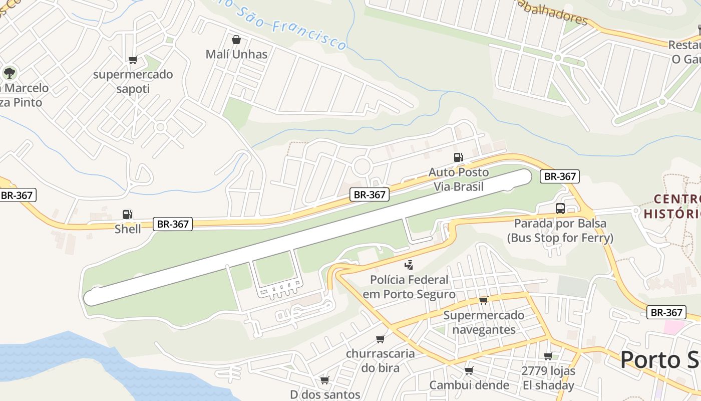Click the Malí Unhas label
click(x=236, y=54)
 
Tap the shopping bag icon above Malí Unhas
click(x=236, y=39)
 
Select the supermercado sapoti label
click(x=133, y=82)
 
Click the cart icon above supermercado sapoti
click(x=133, y=60)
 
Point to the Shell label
click(x=128, y=229)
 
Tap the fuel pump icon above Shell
click(x=128, y=215)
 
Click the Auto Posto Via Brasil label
click(x=458, y=179)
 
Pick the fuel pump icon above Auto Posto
click(x=458, y=157)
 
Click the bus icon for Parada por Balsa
click(x=560, y=209)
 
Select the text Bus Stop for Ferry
click(x=560, y=238)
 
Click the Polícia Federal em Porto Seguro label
click(x=409, y=287)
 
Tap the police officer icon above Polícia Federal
click(x=409, y=265)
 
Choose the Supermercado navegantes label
click(x=484, y=322)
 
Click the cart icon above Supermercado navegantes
click(x=483, y=300)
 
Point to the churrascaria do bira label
click(x=381, y=360)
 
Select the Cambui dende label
click(x=469, y=385)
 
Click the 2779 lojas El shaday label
click(x=548, y=378)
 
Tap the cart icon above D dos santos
click(x=325, y=380)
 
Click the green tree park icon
click(x=9, y=73)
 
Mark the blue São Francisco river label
click(x=295, y=28)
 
